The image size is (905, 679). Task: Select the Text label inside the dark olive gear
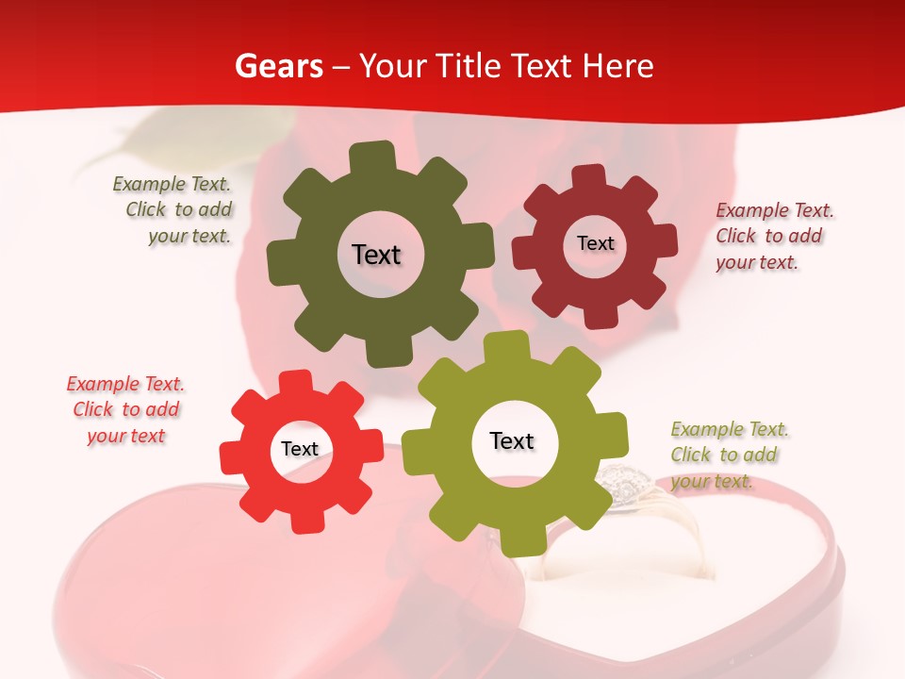point(376,255)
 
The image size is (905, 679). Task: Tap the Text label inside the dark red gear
point(595,243)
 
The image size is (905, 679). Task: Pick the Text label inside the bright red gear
point(300,449)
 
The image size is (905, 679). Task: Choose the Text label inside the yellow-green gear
point(512,441)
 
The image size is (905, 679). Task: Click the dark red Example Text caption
point(773,236)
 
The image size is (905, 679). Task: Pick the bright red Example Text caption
point(125,410)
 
